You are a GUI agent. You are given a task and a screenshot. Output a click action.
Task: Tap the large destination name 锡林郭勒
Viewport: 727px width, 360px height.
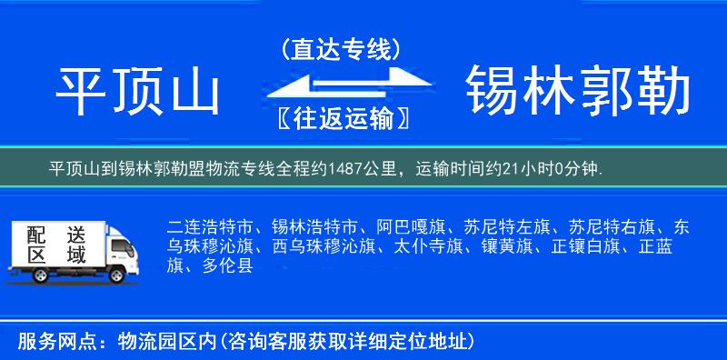click(578, 93)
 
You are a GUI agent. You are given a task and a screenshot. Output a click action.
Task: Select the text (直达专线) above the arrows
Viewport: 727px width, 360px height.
click(341, 49)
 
